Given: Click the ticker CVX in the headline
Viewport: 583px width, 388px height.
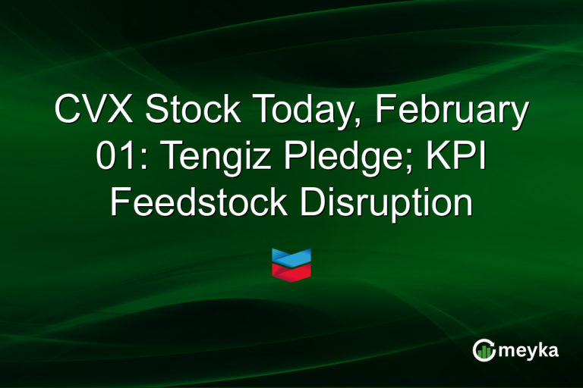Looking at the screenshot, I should coord(93,112).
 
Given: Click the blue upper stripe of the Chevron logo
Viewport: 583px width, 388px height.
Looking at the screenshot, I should coord(291,257).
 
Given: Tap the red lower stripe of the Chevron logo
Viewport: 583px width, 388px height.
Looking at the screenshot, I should coord(291,271).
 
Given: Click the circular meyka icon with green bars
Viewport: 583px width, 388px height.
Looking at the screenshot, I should coord(483,349).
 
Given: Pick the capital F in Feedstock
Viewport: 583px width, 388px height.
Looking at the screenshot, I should coord(120,203).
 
